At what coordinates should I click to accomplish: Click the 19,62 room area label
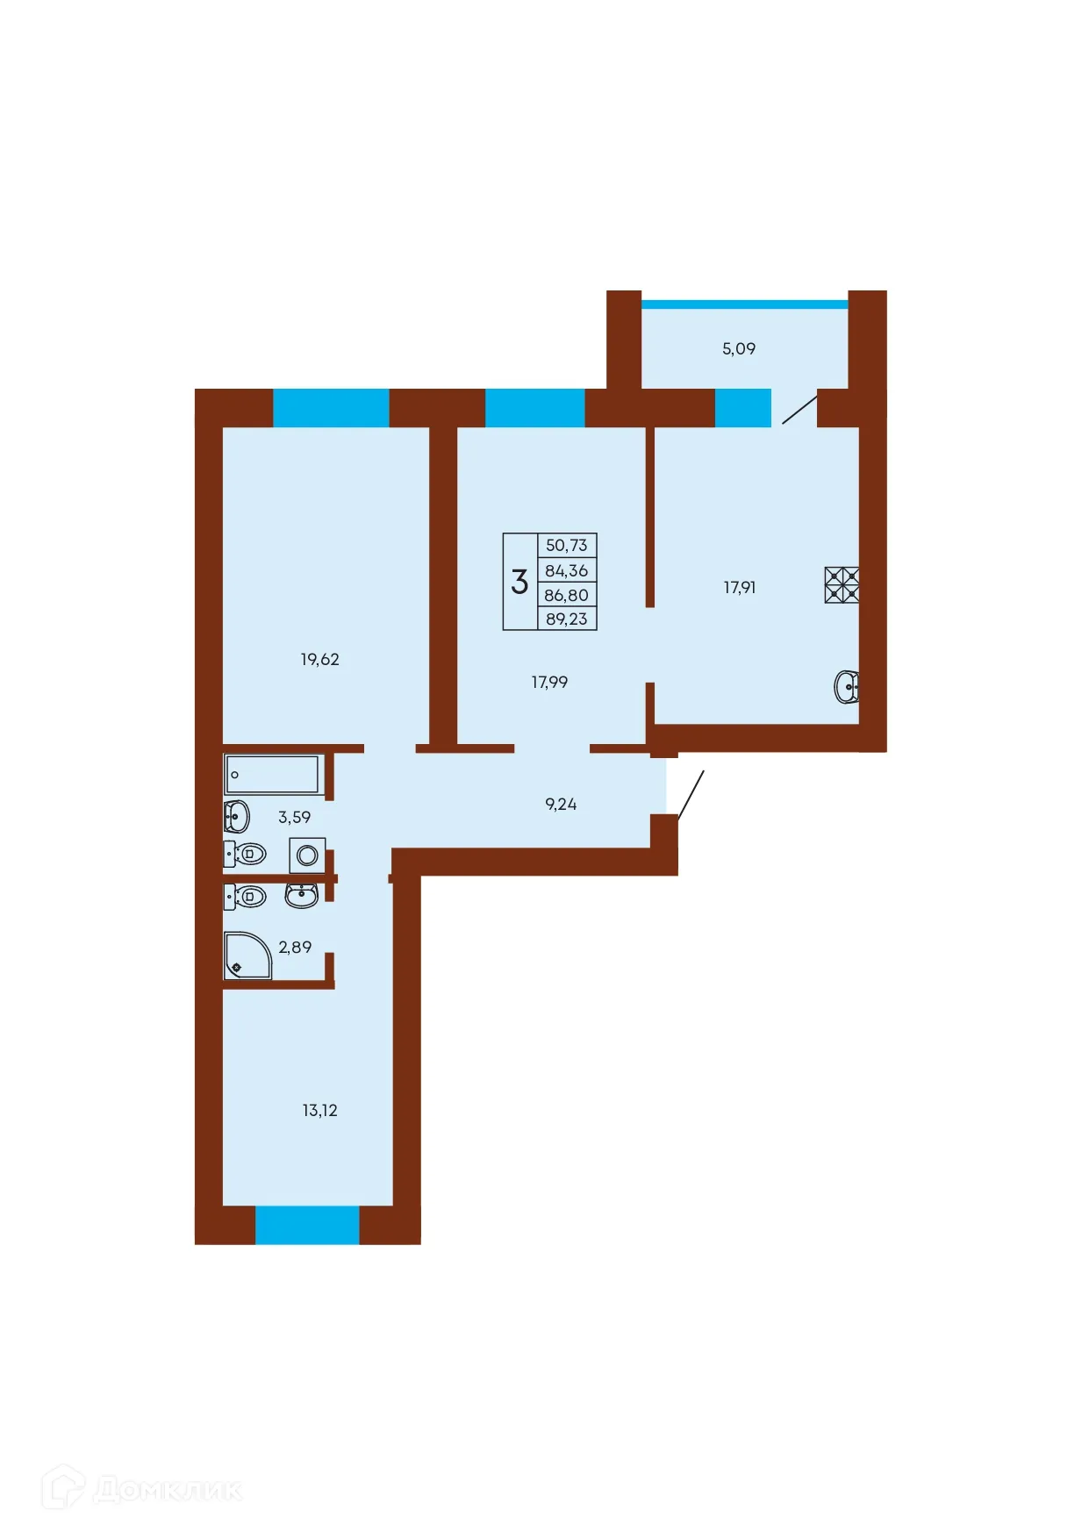[319, 659]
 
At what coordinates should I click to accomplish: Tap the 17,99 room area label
[549, 682]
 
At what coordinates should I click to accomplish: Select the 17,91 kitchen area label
[739, 587]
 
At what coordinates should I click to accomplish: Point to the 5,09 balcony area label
[739, 348]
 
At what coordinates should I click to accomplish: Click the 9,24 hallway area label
[561, 804]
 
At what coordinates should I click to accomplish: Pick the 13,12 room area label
[319, 1110]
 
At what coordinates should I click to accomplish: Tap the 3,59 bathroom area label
[294, 817]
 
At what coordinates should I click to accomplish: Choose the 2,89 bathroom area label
[295, 947]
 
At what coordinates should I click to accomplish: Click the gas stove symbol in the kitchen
[842, 585]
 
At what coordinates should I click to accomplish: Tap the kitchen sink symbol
[846, 687]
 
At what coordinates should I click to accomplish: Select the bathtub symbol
[274, 775]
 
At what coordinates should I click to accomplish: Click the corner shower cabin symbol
[247, 956]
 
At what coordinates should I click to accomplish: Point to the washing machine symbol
[307, 855]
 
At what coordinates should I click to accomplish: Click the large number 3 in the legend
[519, 581]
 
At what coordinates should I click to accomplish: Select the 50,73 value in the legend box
[567, 545]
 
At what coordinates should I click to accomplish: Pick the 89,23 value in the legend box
[567, 619]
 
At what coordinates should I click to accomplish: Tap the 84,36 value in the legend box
[567, 570]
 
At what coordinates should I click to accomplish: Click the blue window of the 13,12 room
[307, 1225]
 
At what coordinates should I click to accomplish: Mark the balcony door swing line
[799, 410]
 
